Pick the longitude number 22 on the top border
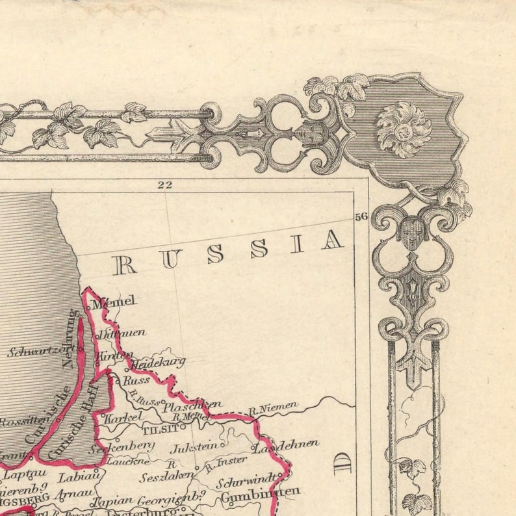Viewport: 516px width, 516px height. point(164,185)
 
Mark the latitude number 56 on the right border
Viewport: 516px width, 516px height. point(361,216)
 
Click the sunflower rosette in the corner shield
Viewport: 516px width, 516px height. point(403,128)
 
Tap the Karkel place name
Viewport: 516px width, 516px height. point(122,417)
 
